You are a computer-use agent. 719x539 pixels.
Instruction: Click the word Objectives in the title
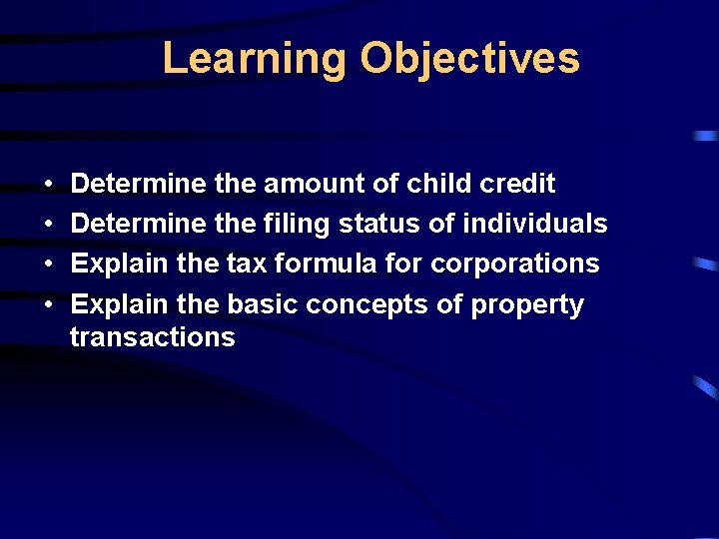coord(469,58)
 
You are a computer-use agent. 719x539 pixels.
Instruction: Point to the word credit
coord(517,184)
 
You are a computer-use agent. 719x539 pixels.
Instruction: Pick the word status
coord(380,225)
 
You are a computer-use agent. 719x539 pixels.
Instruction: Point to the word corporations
coord(515,265)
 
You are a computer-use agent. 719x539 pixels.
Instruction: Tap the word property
coord(527,304)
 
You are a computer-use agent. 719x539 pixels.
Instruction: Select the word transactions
coord(153,337)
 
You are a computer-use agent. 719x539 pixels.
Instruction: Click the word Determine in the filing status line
coord(139,225)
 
